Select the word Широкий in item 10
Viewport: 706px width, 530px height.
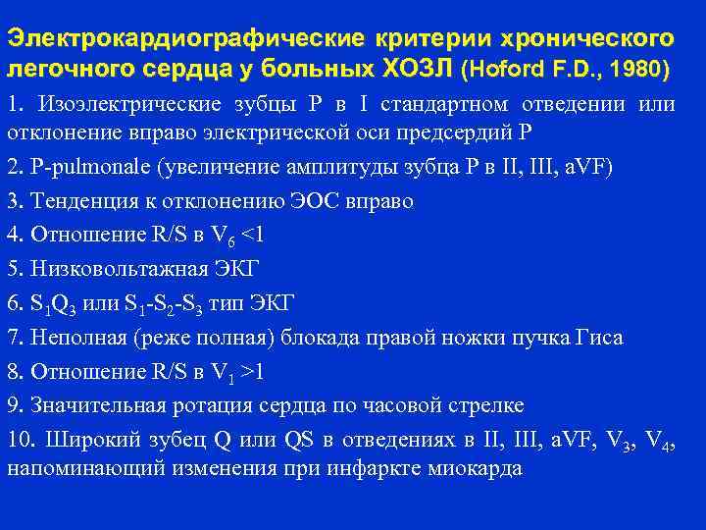pyautogui.click(x=92, y=440)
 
